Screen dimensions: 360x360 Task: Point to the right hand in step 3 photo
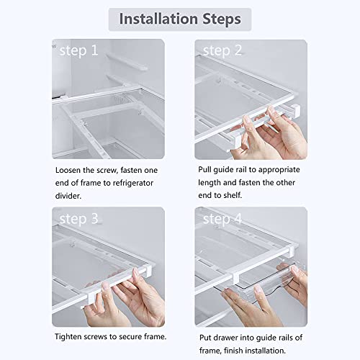(x=140, y=292)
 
